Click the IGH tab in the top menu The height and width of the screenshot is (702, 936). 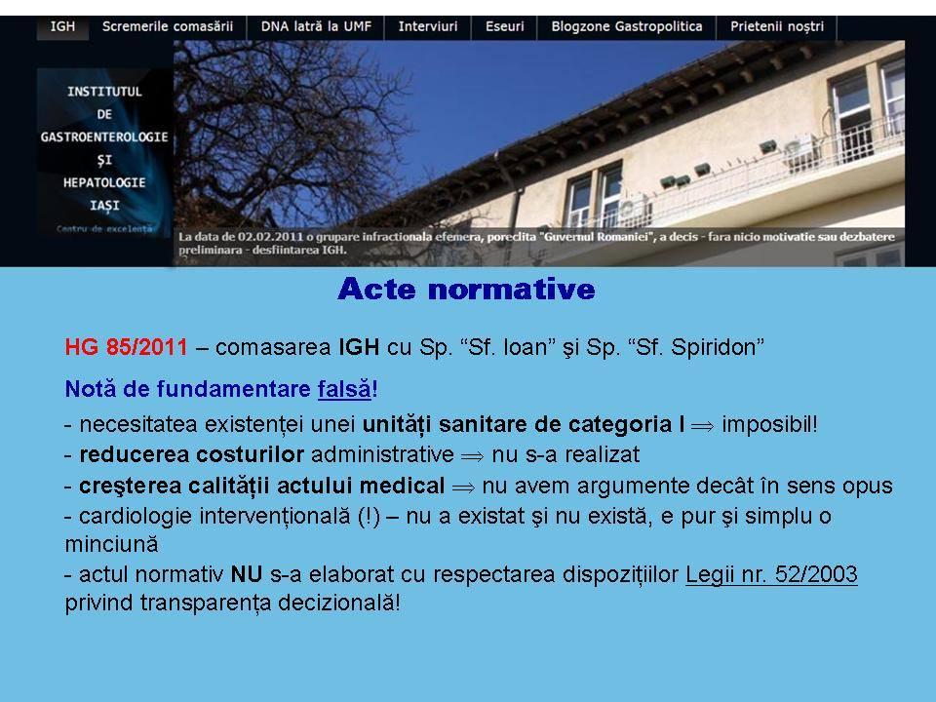(x=62, y=27)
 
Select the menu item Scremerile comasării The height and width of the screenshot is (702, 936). (x=168, y=27)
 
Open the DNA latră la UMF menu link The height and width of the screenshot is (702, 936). (x=316, y=27)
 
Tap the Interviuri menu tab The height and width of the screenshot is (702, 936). (x=428, y=27)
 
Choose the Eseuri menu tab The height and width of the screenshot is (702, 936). (x=504, y=27)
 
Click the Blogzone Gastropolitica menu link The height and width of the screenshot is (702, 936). (x=627, y=27)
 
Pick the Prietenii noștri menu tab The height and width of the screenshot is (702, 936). (x=777, y=27)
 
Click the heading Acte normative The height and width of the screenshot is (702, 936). (x=466, y=289)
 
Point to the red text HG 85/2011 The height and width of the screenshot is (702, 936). (x=126, y=347)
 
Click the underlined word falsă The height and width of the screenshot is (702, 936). (x=344, y=389)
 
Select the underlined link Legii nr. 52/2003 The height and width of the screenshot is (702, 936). (x=771, y=574)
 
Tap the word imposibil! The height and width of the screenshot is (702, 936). (x=769, y=424)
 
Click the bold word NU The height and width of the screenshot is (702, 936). (x=247, y=574)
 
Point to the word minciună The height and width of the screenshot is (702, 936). (x=111, y=544)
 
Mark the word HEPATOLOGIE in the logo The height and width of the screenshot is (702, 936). (x=104, y=182)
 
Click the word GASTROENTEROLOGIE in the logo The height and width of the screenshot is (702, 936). (x=104, y=137)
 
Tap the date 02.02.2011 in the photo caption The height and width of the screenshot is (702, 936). (x=270, y=237)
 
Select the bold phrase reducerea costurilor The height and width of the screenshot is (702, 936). (x=192, y=455)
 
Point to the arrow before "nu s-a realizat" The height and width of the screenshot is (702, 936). (x=472, y=456)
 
